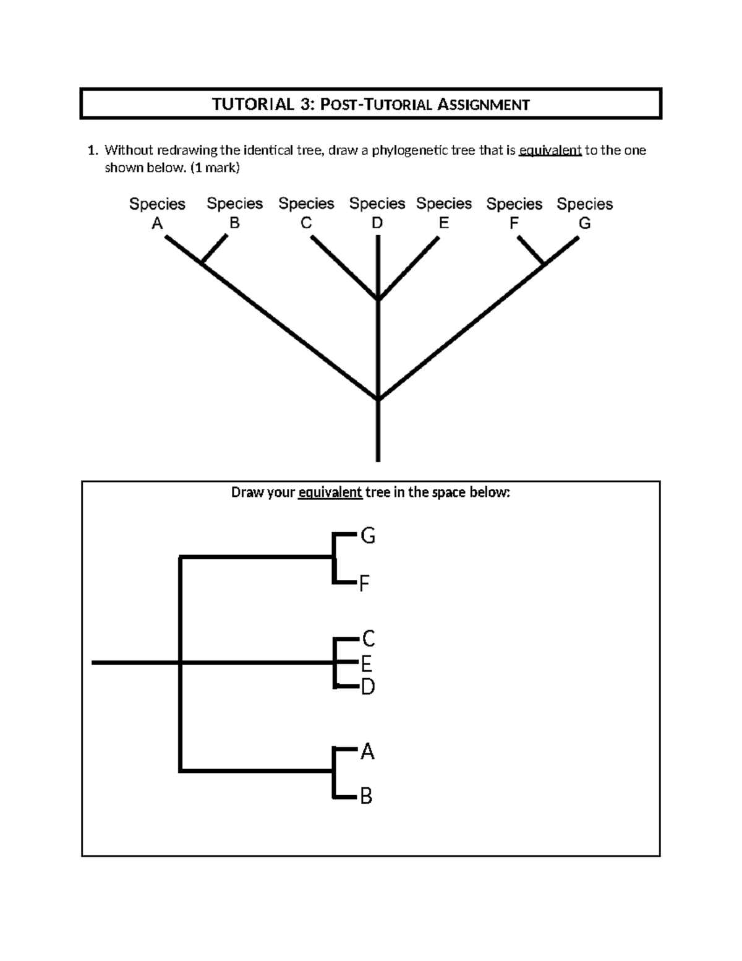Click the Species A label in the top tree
pyautogui.click(x=157, y=213)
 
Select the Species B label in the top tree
pyautogui.click(x=234, y=212)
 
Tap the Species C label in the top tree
pyautogui.click(x=306, y=212)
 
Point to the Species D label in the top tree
pyautogui.click(x=377, y=212)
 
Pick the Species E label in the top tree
pyautogui.click(x=444, y=212)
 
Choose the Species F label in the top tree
pyautogui.click(x=514, y=213)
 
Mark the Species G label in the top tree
pyautogui.click(x=585, y=213)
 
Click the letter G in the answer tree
pyautogui.click(x=368, y=536)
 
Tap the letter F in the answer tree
pyautogui.click(x=365, y=583)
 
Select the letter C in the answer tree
pyautogui.click(x=369, y=637)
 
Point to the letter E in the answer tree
pyautogui.click(x=366, y=664)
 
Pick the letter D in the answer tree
pyautogui.click(x=368, y=686)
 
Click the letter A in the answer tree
pyautogui.click(x=367, y=751)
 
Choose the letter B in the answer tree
pyautogui.click(x=366, y=796)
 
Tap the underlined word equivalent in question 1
pyautogui.click(x=550, y=150)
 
